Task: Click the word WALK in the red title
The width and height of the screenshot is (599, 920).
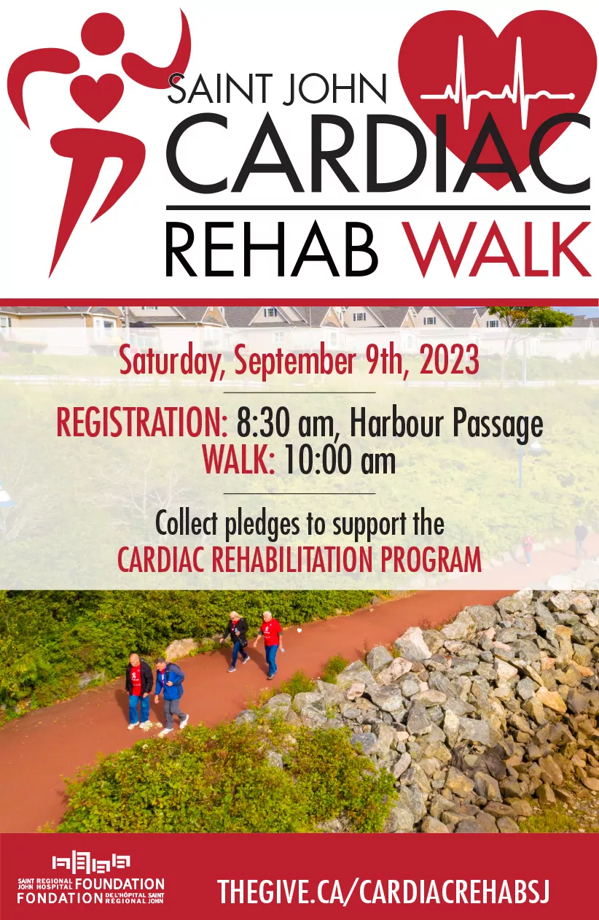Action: (497, 250)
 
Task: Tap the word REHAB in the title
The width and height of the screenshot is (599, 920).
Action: (271, 250)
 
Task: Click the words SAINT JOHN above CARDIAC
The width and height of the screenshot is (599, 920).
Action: (277, 88)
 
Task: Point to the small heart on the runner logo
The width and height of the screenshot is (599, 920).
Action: (97, 96)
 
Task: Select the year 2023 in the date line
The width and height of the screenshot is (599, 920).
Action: (449, 361)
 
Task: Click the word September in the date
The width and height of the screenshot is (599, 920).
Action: (294, 362)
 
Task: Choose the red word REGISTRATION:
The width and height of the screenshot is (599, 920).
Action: (141, 422)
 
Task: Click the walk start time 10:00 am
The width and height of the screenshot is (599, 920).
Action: (340, 460)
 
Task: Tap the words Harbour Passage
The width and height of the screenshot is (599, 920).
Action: (447, 425)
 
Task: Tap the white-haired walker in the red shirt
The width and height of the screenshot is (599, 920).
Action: (270, 643)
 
